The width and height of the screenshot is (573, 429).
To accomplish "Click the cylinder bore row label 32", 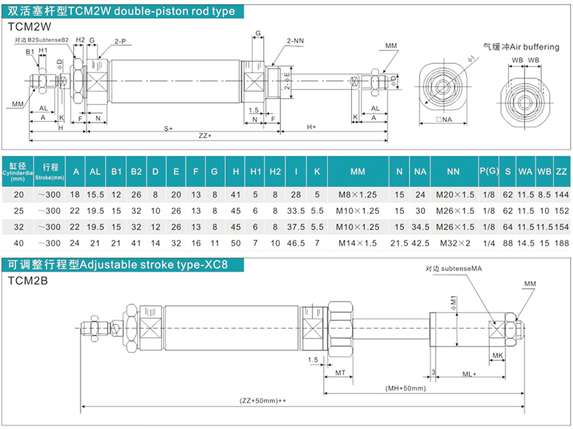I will point(18,225).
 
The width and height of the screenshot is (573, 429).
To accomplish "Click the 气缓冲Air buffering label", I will point(520,47).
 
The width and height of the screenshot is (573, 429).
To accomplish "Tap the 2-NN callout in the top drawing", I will point(295,41).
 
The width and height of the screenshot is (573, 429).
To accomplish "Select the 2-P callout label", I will point(120,41).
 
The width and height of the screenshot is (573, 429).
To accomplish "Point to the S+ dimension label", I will point(168,127).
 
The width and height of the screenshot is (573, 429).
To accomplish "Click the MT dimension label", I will point(340,374).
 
